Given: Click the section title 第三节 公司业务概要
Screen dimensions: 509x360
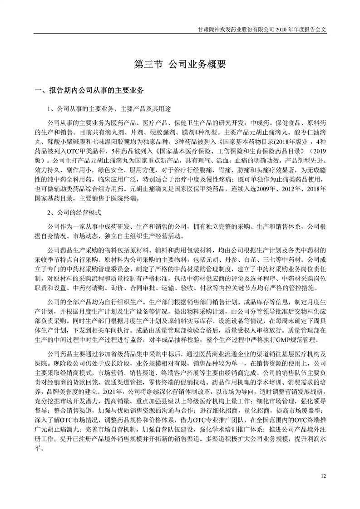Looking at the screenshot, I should click(x=180, y=64).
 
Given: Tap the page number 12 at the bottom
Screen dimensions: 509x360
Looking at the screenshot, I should click(x=323, y=476).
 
